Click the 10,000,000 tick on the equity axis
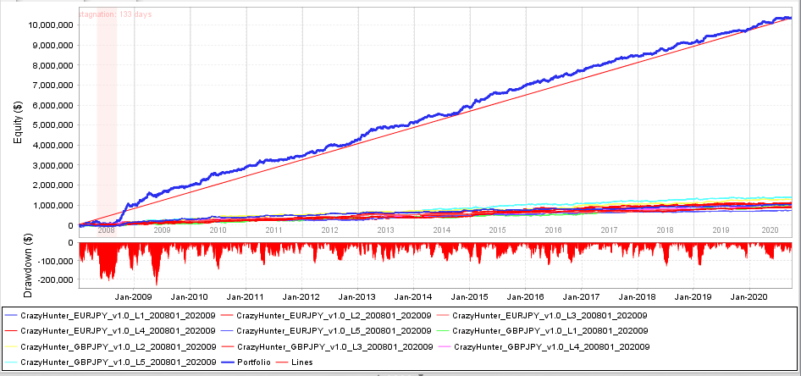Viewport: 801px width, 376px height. (49, 25)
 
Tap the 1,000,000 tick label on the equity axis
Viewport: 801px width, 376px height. (52, 205)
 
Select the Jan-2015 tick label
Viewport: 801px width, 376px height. (470, 296)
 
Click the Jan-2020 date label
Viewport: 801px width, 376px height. (750, 296)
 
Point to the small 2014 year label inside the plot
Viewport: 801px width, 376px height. (441, 229)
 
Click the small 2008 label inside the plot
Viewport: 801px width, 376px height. (106, 229)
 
